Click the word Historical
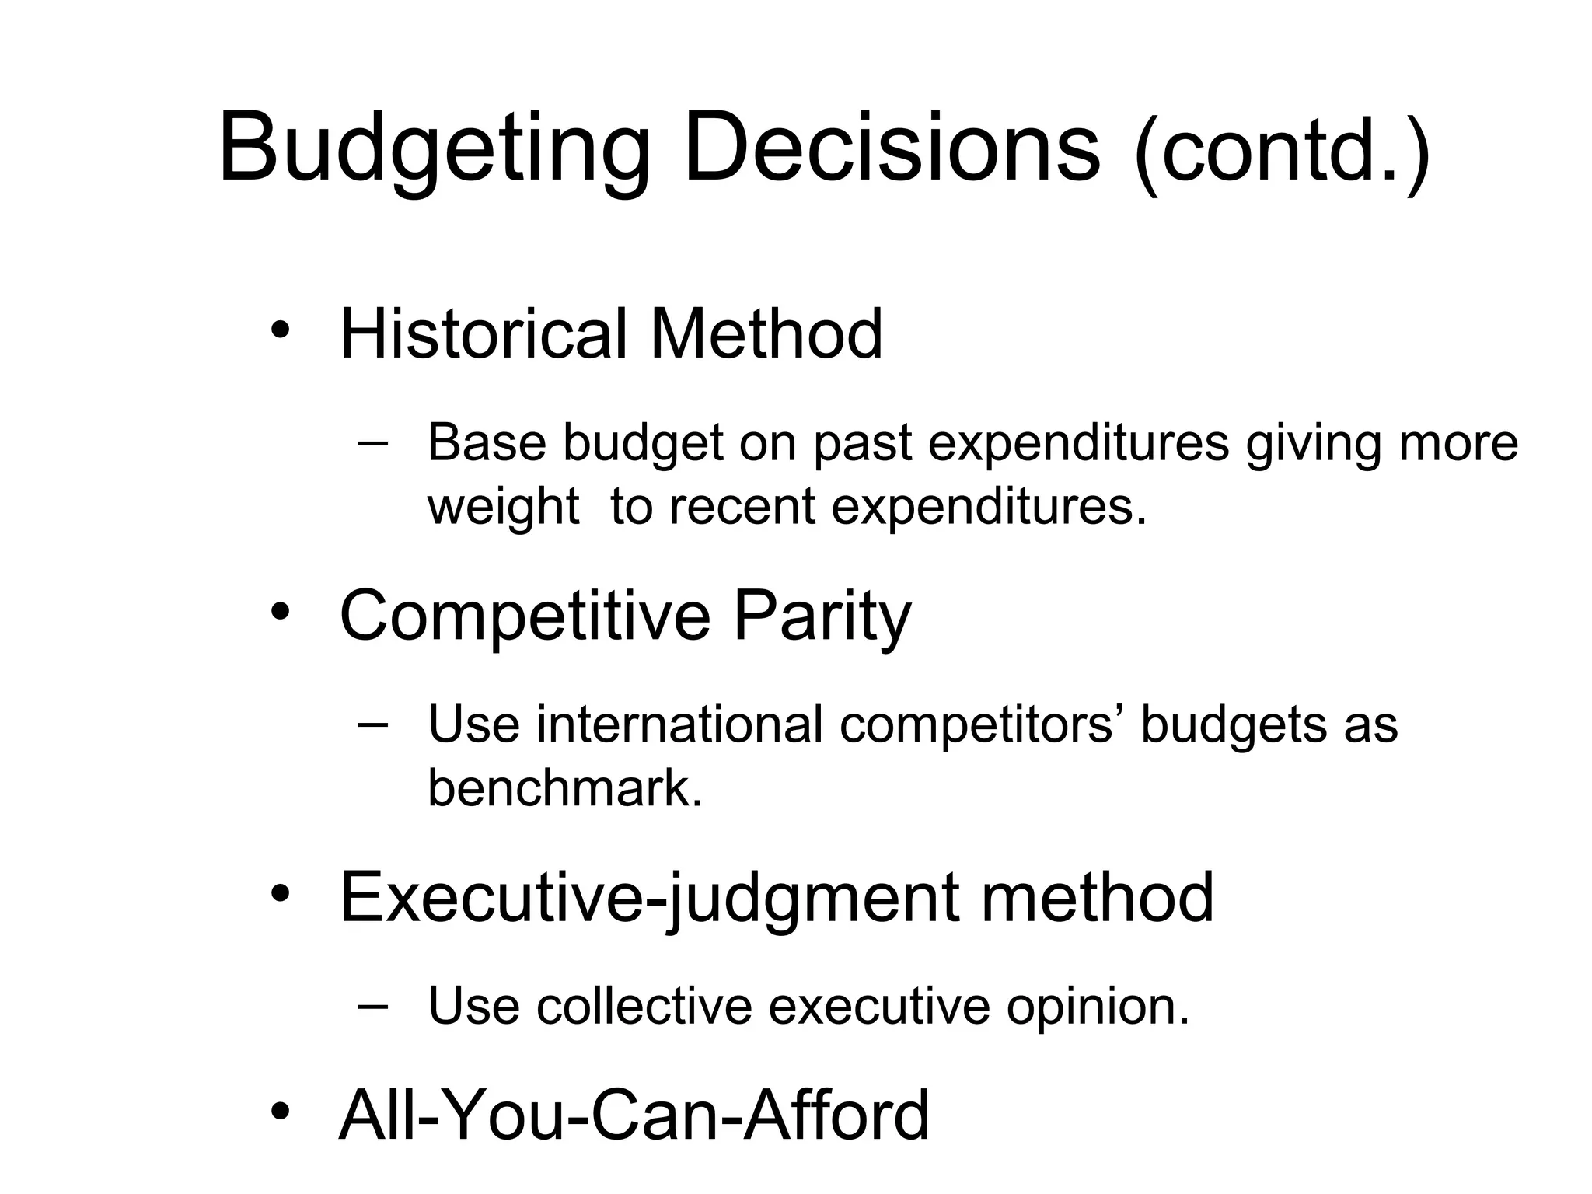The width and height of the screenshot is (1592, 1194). tap(482, 334)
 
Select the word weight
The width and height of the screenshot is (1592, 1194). tap(503, 507)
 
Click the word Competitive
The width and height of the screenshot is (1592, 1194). tap(525, 616)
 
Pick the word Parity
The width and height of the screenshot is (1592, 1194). tap(822, 616)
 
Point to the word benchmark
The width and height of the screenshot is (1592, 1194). tap(565, 788)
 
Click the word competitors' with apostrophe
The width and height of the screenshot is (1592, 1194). tap(980, 724)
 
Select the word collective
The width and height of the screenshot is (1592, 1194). tap(644, 1006)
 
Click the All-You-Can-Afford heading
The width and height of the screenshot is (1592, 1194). tap(634, 1115)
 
